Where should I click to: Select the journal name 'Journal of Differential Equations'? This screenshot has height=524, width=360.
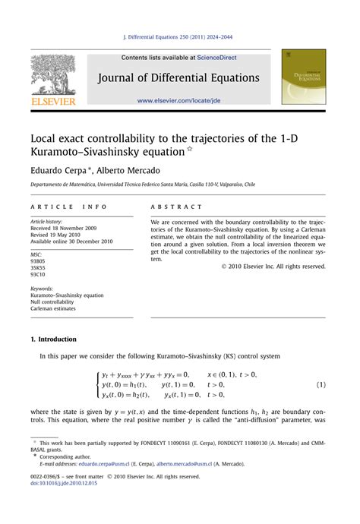click(177, 78)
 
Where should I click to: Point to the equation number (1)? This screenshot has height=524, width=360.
click(321, 385)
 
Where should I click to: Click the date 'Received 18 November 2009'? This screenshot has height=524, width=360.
click(66, 228)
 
